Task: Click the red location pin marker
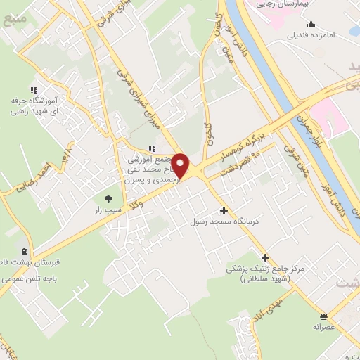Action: [181, 166]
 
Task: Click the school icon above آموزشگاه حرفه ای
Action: [32, 90]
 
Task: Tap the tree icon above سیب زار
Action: [108, 198]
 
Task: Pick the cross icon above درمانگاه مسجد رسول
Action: [224, 210]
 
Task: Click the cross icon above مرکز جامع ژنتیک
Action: [265, 257]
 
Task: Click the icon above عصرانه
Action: [323, 316]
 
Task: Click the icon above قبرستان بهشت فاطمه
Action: [25, 252]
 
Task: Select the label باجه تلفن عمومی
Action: [30, 278]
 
